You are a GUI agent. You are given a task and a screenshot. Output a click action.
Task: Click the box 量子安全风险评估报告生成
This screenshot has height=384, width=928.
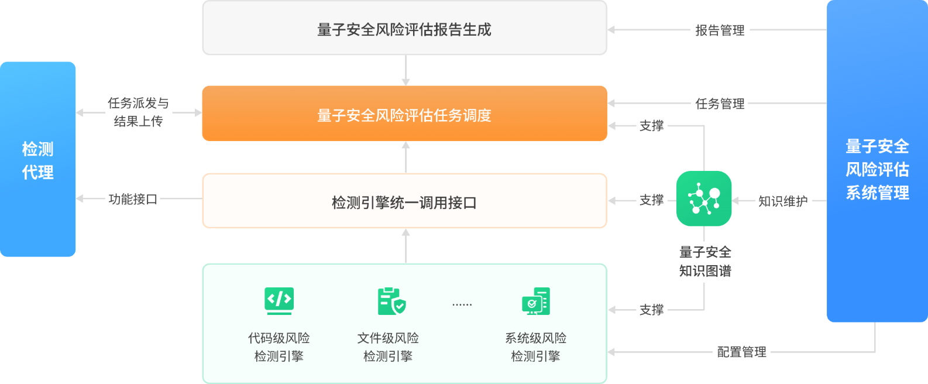click(404, 29)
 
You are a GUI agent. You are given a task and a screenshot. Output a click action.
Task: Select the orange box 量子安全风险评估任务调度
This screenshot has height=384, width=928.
click(404, 114)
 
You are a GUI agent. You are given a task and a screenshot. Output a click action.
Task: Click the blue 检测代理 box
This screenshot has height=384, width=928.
click(38, 159)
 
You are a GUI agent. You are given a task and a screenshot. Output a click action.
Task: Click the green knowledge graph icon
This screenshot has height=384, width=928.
click(704, 199)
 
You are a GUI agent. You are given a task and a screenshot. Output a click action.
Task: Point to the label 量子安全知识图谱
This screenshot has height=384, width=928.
click(705, 261)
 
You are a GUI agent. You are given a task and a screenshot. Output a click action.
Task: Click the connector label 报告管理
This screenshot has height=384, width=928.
click(720, 30)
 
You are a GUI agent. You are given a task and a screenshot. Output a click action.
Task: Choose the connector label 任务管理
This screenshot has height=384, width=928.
click(720, 104)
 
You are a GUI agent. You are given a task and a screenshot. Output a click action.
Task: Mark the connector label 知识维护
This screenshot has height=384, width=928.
click(782, 201)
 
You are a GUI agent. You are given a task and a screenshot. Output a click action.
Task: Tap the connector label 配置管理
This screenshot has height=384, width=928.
click(741, 352)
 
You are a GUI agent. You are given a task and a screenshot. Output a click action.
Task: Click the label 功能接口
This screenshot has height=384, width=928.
click(133, 199)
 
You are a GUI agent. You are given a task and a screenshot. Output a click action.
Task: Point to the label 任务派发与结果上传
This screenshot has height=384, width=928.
click(138, 112)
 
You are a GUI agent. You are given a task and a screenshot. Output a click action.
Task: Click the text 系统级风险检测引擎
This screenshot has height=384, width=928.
click(535, 347)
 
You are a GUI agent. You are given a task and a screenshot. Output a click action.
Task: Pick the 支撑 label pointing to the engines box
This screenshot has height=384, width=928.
click(651, 310)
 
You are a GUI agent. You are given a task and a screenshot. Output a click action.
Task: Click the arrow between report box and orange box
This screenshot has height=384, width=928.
click(405, 71)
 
